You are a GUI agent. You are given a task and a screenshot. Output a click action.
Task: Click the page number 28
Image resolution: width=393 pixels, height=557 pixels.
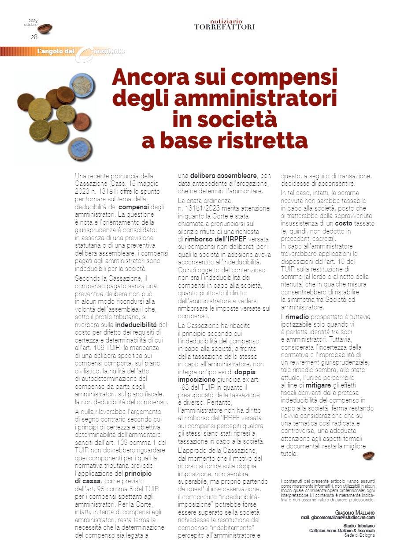point(34,37)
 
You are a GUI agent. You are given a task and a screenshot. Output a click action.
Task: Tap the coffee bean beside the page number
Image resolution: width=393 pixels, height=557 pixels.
point(44,29)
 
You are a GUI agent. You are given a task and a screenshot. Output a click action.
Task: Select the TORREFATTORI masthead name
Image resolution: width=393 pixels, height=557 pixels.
point(225,27)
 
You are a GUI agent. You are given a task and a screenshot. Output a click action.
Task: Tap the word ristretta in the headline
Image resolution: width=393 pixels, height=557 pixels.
point(261,140)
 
